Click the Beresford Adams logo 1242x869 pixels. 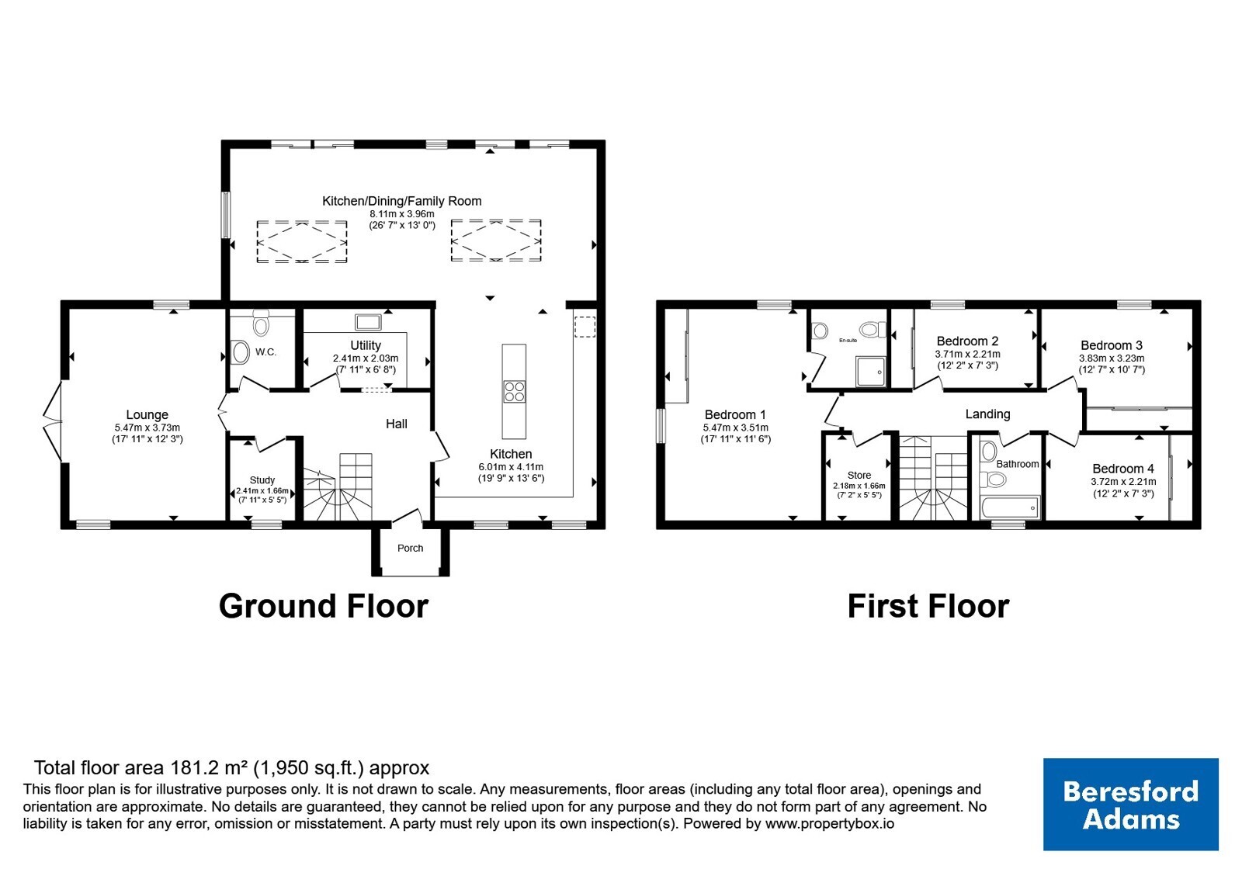[x=1130, y=804]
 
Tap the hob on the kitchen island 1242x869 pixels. [x=514, y=391]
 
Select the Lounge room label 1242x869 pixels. [x=147, y=414]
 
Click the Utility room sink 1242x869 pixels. [x=368, y=322]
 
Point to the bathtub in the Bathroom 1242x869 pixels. [x=1010, y=507]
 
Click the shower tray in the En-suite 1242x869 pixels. [x=870, y=371]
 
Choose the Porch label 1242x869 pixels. [x=411, y=548]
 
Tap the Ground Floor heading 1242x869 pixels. [x=324, y=606]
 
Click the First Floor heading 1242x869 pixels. [x=928, y=606]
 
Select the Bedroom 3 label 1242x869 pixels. [x=1111, y=345]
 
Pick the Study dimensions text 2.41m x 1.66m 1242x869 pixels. [x=262, y=490]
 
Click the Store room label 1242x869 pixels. [x=859, y=475]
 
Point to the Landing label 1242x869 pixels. [x=987, y=414]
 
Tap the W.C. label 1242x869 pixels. [x=265, y=352]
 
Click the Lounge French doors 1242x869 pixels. [x=53, y=421]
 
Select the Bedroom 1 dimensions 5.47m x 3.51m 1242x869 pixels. [x=735, y=428]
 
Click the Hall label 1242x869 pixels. [x=397, y=424]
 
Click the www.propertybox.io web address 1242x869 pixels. [x=830, y=823]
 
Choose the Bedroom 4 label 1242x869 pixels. [x=1123, y=469]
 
